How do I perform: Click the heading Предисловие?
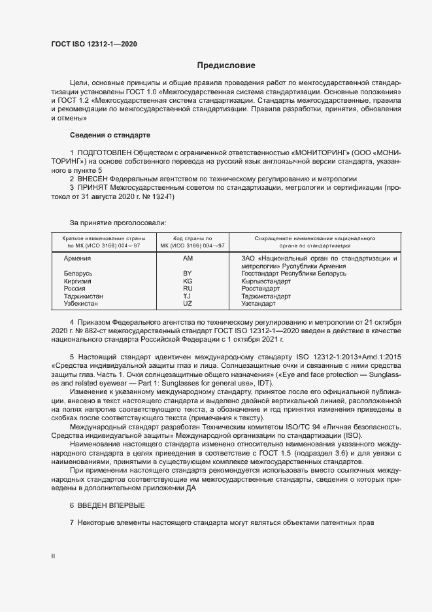coord(226,65)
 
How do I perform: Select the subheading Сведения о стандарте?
coord(110,135)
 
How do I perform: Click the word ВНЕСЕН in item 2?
coord(91,179)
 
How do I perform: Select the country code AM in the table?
coord(188,259)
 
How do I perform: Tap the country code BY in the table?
coord(188,274)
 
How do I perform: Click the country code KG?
coord(188,281)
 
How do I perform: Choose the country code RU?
coord(188,289)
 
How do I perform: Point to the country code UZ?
coord(188,304)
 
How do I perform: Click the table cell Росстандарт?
coord(260,289)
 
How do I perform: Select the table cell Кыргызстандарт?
coord(265,281)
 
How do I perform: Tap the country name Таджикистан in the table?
coord(83,297)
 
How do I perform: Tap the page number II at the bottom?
coord(54,556)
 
